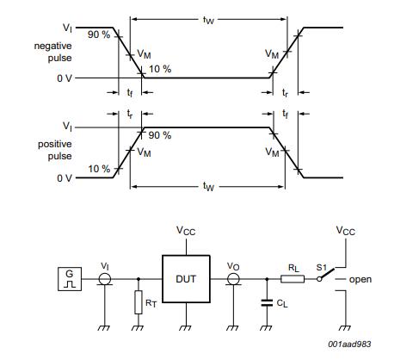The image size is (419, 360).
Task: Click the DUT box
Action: tap(186, 280)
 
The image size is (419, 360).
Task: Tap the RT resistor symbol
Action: tap(139, 303)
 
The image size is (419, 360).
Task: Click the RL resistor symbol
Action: tap(290, 280)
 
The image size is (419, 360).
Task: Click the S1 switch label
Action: tap(320, 267)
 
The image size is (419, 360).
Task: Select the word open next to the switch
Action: tap(360, 280)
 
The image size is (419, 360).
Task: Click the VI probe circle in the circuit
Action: tap(105, 280)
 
